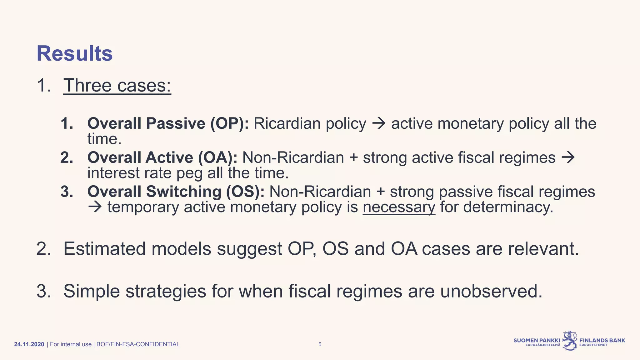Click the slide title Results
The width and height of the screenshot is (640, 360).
point(74,54)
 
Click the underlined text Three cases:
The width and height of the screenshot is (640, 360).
point(117,85)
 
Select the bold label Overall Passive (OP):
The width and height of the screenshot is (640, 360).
point(168,123)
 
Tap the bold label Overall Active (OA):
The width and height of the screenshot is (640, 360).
point(162,157)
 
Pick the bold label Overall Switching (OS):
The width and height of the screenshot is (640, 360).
point(176,192)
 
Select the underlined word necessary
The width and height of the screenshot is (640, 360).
point(399,207)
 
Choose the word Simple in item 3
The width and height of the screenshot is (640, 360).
point(92,291)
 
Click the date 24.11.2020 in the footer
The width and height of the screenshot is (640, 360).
point(29,344)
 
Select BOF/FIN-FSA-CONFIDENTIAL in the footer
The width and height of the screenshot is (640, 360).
point(138,344)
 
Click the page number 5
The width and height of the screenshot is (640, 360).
point(320,344)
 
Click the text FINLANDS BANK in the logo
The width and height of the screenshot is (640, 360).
point(602,340)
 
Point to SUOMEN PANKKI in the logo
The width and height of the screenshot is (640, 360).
point(537,340)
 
